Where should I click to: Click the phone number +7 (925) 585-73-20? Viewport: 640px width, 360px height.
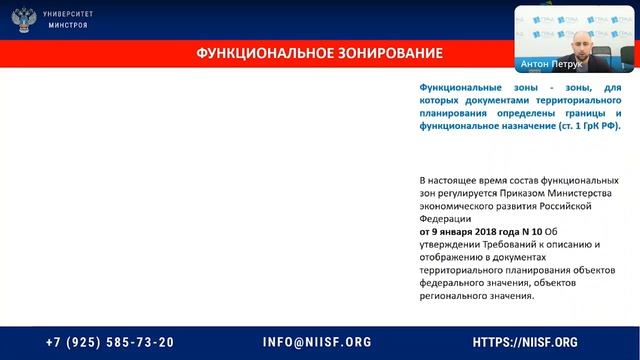[x=109, y=341]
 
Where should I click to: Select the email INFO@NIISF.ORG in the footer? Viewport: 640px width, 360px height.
[x=317, y=341]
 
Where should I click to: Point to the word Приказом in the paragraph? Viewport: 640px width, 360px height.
[x=509, y=192]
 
